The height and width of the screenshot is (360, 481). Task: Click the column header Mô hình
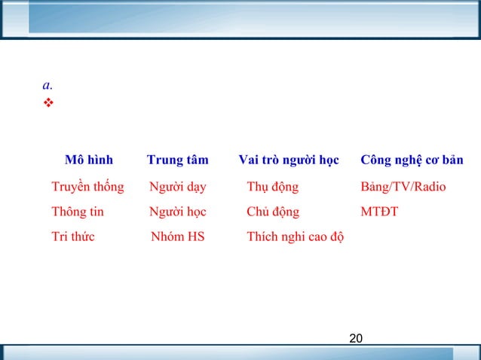click(x=88, y=160)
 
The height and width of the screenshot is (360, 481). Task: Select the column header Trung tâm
click(x=177, y=160)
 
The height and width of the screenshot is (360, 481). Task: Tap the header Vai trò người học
click(x=288, y=160)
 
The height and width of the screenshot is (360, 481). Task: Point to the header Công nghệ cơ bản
click(x=412, y=160)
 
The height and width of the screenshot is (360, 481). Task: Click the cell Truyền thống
click(x=87, y=187)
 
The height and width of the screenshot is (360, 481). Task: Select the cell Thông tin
click(x=78, y=212)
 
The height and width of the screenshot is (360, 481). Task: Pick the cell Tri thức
click(x=73, y=236)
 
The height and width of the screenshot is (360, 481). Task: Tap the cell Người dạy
click(x=177, y=187)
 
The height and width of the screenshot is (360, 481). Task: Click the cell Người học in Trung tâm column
click(x=177, y=212)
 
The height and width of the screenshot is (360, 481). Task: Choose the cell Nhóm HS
click(x=177, y=236)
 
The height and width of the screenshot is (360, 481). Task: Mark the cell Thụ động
click(x=272, y=187)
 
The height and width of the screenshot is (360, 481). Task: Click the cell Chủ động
click(x=272, y=212)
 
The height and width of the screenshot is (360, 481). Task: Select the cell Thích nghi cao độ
click(x=295, y=237)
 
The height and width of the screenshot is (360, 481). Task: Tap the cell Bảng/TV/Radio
click(x=403, y=187)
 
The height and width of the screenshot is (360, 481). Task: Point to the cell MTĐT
click(x=379, y=212)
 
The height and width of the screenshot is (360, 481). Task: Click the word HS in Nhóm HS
click(x=195, y=236)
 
